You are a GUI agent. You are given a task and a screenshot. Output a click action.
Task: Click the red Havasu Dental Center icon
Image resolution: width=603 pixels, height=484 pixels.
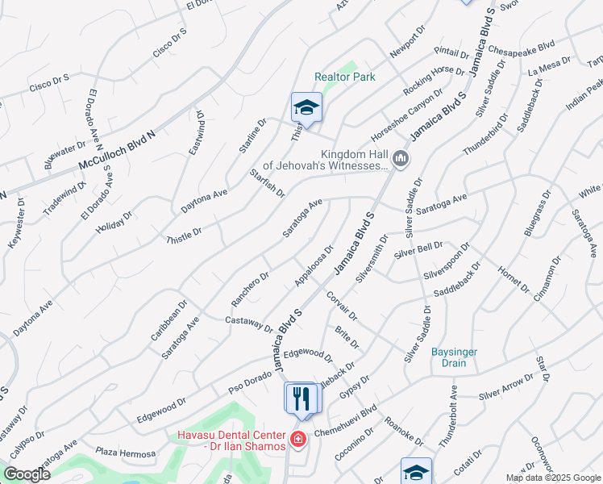pos(297,440)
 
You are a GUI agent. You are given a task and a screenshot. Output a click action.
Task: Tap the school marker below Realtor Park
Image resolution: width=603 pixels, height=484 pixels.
pos(306,108)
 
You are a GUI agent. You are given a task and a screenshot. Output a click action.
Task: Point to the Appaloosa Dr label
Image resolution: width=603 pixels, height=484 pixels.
pos(314,266)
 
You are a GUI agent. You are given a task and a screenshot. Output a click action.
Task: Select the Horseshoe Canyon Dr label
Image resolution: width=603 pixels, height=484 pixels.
pos(406,113)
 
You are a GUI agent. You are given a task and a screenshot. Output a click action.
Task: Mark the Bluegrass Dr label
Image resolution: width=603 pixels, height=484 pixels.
pos(535,212)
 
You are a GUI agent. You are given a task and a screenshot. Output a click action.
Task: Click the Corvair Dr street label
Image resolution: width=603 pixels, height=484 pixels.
pos(342,306)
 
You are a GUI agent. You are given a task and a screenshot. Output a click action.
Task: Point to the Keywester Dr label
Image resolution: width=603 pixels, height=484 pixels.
pos(17,221)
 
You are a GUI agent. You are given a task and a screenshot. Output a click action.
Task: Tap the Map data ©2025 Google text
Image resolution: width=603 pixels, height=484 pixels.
pos(552,478)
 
